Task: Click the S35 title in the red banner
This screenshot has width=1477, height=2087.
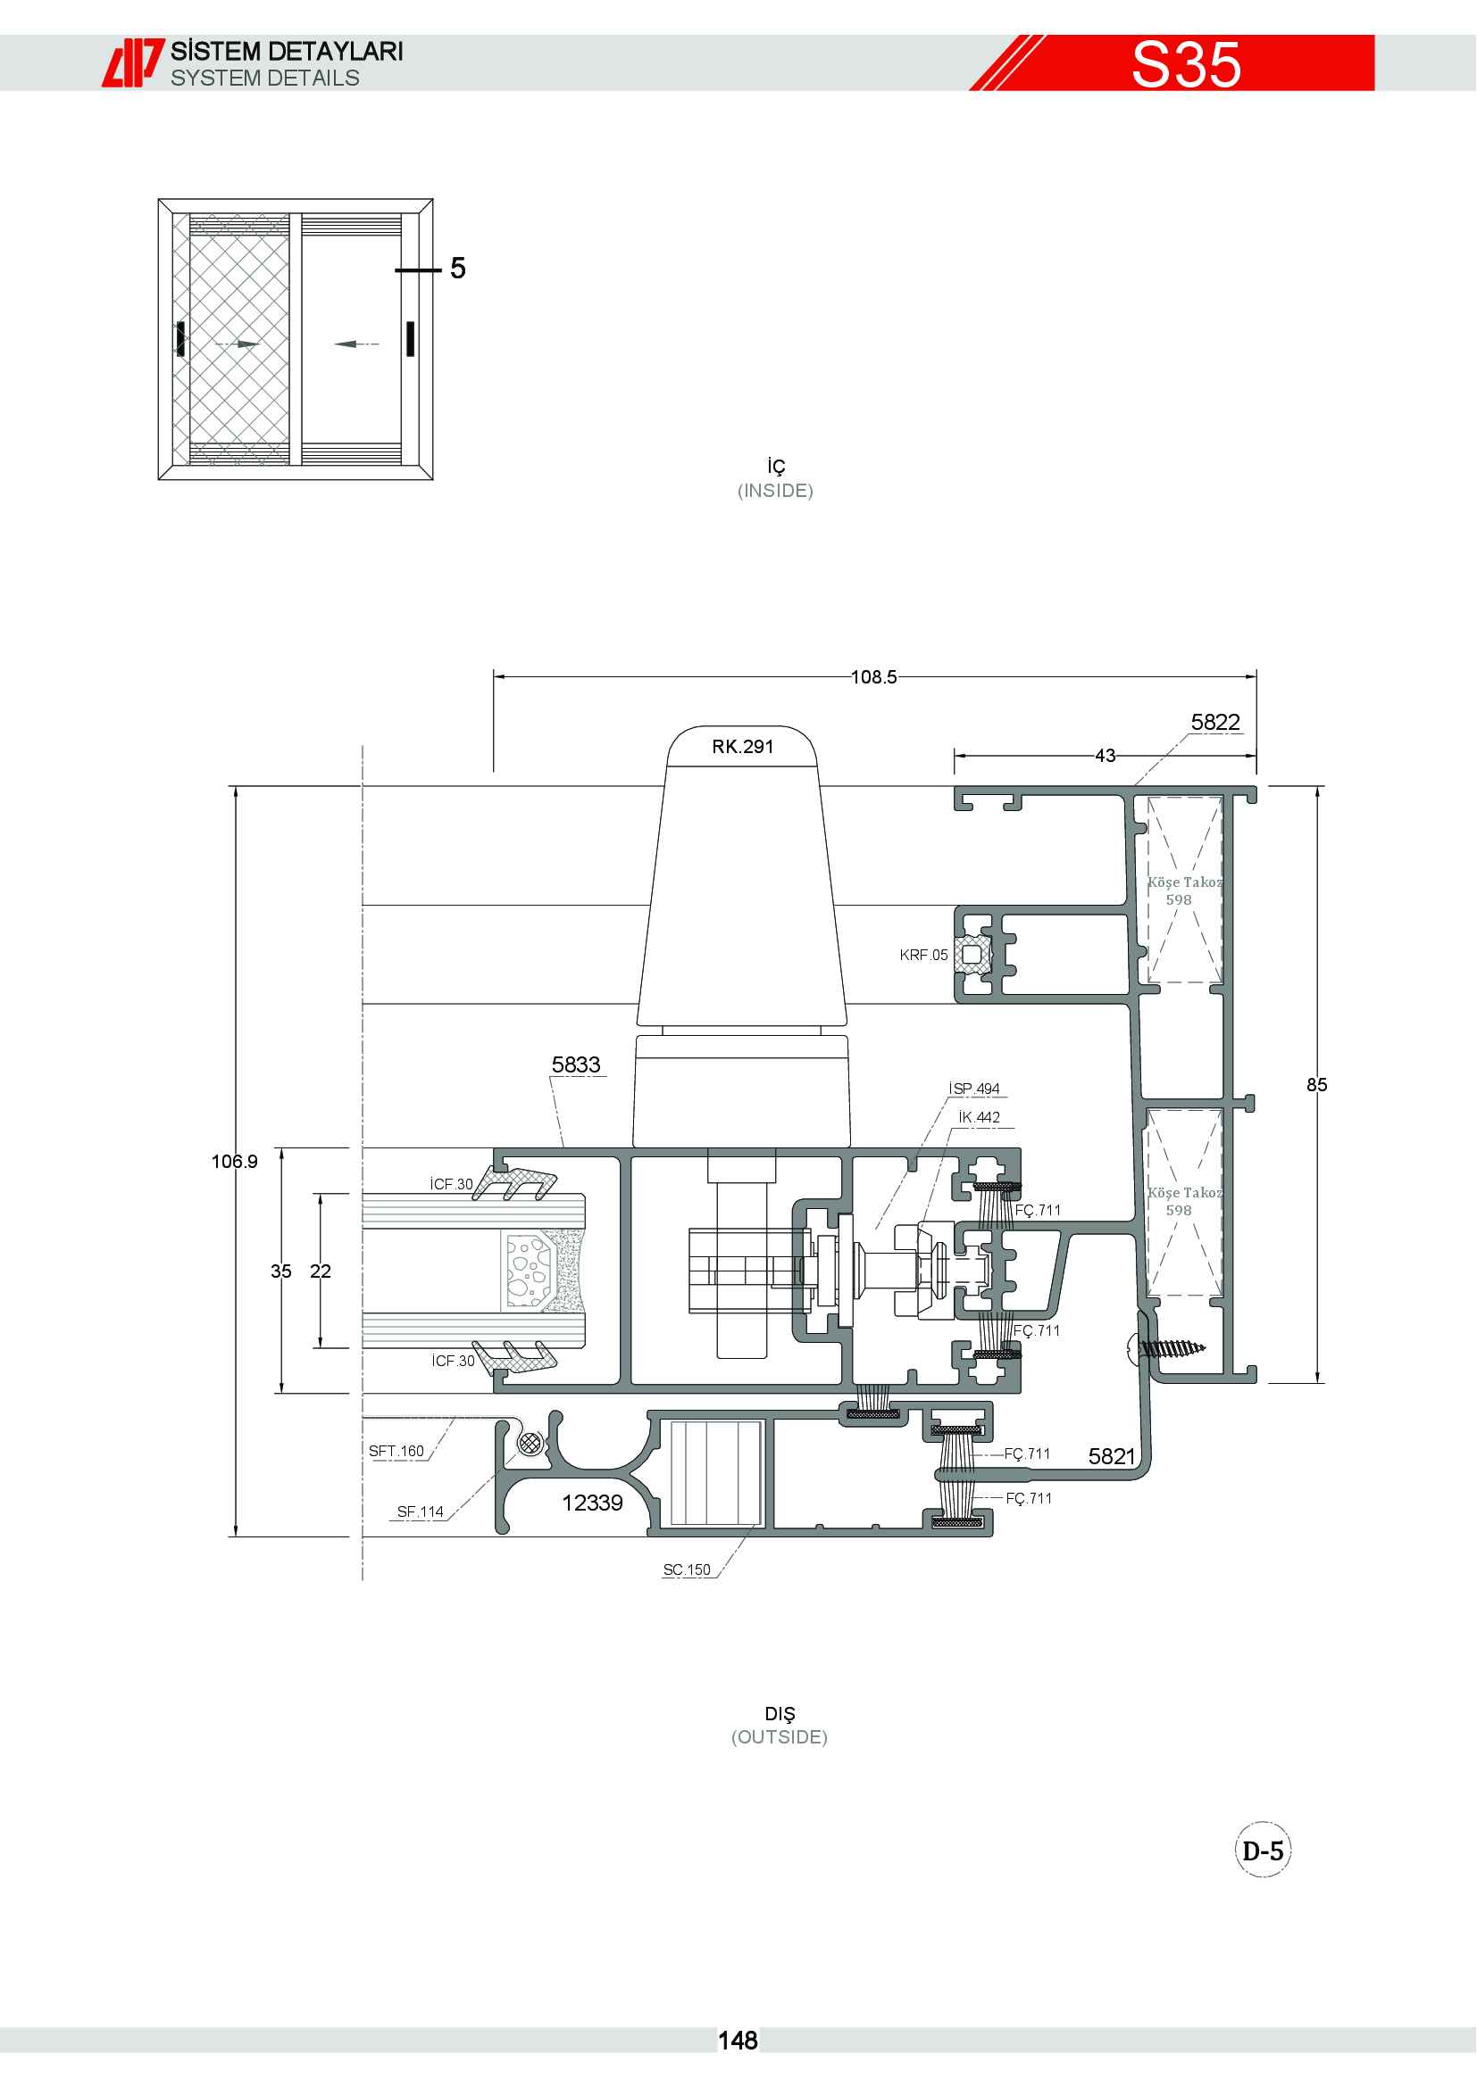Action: point(1186,64)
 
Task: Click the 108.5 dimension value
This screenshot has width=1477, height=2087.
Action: point(874,677)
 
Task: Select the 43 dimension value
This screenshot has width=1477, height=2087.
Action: point(1105,756)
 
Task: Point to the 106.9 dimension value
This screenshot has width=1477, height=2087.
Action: point(235,1162)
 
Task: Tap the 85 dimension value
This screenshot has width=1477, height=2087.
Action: point(1317,1084)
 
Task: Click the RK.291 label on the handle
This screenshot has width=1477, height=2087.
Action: point(742,746)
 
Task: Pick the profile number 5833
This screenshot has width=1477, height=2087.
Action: point(576,1064)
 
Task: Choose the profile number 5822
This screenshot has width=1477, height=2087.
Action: point(1216,722)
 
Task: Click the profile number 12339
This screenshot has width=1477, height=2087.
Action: point(592,1503)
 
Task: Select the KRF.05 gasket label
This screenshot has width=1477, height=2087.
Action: point(923,955)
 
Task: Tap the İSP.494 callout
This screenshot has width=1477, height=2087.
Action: point(974,1088)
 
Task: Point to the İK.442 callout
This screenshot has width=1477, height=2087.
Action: point(980,1117)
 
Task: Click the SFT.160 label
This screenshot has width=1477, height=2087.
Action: point(396,1451)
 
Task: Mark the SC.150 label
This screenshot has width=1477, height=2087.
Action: point(687,1569)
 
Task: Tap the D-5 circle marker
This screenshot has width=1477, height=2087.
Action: point(1264,1851)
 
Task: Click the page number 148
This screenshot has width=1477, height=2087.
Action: point(738,2041)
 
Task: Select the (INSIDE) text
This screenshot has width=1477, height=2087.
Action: point(776,491)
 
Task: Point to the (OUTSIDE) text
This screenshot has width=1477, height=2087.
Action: point(780,1737)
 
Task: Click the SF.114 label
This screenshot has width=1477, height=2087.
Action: point(421,1511)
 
